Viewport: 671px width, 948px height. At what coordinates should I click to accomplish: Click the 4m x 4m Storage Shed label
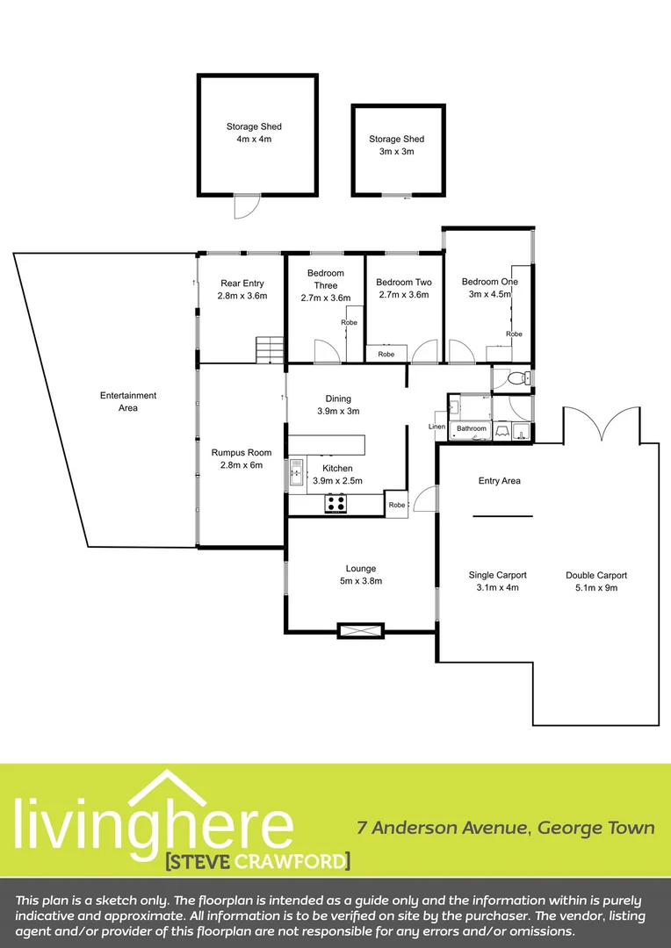254,133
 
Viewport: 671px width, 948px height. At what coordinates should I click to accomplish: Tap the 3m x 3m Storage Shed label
396,145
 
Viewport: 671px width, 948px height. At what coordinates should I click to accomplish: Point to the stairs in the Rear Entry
269,349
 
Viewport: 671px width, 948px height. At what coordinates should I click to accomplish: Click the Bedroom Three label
326,279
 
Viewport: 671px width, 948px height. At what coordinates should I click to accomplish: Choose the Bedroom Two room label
404,283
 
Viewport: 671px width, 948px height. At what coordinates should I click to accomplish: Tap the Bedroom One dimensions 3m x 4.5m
489,295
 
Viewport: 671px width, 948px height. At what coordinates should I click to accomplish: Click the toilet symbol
519,377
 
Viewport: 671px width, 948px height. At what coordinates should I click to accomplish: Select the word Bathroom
471,428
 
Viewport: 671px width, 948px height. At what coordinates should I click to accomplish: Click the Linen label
437,427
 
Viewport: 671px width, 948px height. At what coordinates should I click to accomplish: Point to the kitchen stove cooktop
336,503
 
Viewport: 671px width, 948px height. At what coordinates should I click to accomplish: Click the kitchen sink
296,471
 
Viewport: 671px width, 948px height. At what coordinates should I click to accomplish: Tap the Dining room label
338,398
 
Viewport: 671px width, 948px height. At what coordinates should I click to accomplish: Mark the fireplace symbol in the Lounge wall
360,629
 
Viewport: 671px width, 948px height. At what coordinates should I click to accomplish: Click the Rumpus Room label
236,453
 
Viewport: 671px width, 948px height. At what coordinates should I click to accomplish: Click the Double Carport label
596,576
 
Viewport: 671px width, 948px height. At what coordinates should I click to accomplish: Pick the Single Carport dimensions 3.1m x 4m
498,587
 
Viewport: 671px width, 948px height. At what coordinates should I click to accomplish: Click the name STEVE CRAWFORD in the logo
257,860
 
